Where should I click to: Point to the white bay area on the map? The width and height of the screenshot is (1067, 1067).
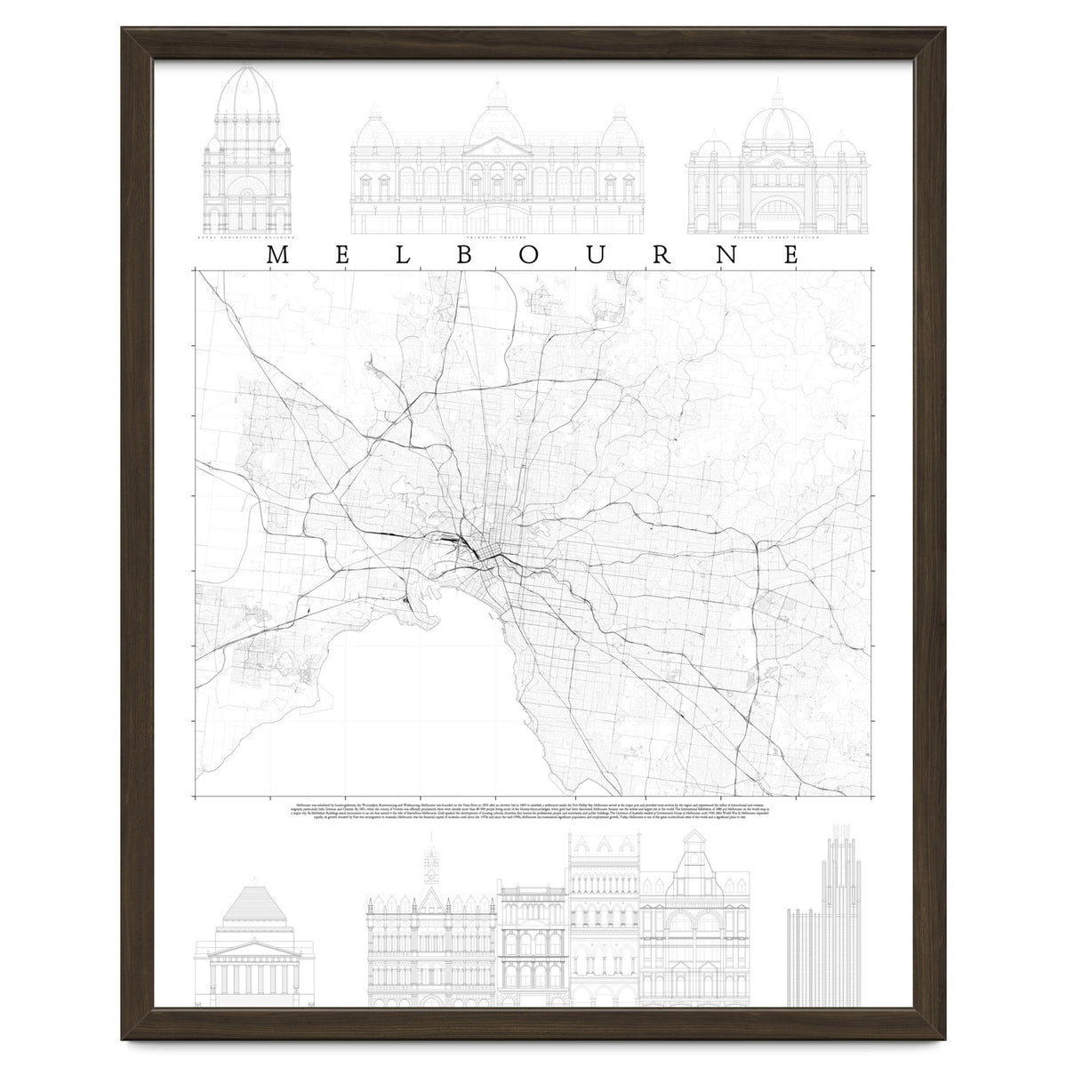coord(400,694)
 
